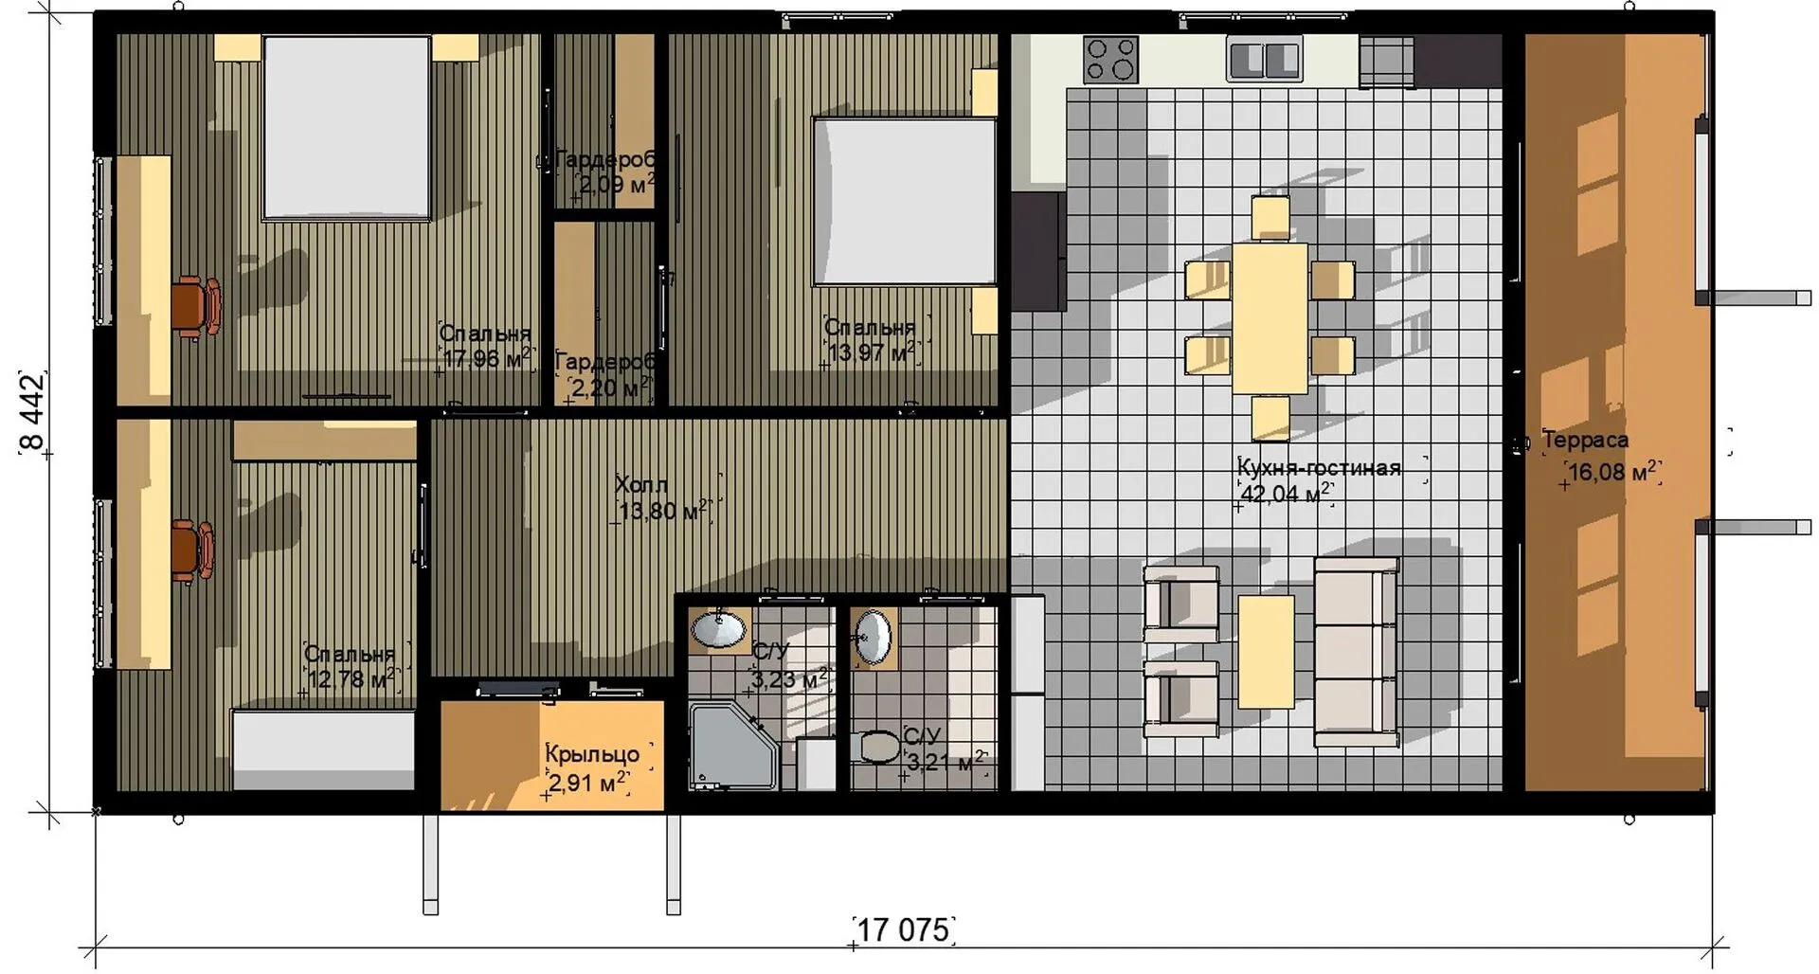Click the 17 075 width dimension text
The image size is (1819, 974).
pyautogui.click(x=903, y=929)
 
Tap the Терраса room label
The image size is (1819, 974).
pyautogui.click(x=1586, y=440)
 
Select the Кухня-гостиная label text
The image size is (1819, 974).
pyautogui.click(x=1319, y=468)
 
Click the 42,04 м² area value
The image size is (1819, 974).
pyautogui.click(x=1286, y=493)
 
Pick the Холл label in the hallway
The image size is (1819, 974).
pyautogui.click(x=641, y=485)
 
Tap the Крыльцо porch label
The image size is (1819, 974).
pyautogui.click(x=592, y=754)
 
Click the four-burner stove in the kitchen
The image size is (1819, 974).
pyautogui.click(x=1111, y=59)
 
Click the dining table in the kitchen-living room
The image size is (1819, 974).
pyautogui.click(x=1270, y=318)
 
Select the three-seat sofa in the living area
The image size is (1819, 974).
pyautogui.click(x=1356, y=653)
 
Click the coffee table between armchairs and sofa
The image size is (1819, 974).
pyautogui.click(x=1266, y=651)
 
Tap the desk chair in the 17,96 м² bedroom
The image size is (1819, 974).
pyautogui.click(x=196, y=306)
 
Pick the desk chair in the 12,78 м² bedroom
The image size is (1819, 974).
pyautogui.click(x=193, y=550)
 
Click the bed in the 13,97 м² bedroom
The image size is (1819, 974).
pyautogui.click(x=905, y=201)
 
